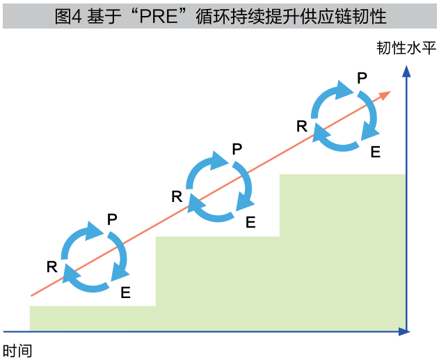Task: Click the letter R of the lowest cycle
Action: pos(51,265)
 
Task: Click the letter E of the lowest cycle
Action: pos(125,292)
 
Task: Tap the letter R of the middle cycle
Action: pos(177,196)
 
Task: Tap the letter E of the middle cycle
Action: pos(250,223)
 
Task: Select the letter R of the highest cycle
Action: pos(301,125)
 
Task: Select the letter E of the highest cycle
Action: pos(375,152)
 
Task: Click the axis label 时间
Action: pos(17,350)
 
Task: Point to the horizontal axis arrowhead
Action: pos(403,331)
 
